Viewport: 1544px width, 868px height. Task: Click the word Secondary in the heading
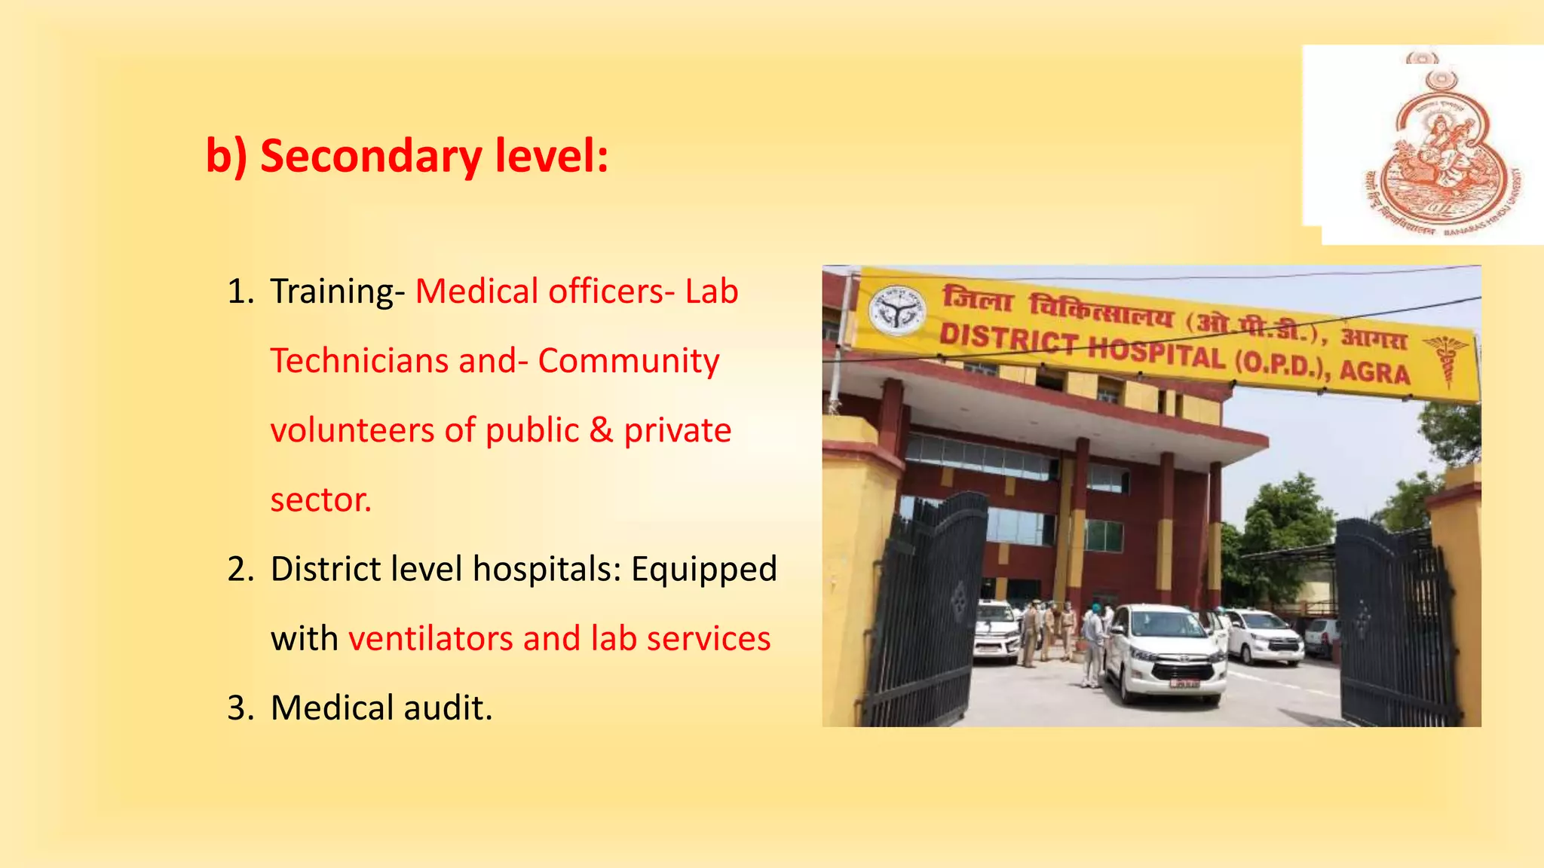click(x=370, y=156)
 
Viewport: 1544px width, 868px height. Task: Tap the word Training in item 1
click(x=331, y=292)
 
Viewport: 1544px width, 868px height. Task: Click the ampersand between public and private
click(x=601, y=430)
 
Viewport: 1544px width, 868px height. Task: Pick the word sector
click(x=320, y=500)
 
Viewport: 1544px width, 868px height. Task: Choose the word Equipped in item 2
click(x=703, y=569)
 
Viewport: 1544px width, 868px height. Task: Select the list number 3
click(x=240, y=708)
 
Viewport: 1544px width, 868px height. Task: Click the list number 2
click(x=240, y=569)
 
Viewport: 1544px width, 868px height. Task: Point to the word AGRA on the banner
click(x=1374, y=372)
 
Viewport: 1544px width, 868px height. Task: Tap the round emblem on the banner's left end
click(x=896, y=310)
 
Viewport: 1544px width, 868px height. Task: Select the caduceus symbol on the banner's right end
click(x=1446, y=360)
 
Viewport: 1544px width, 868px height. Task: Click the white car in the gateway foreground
click(x=1165, y=652)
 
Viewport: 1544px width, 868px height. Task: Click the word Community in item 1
click(x=629, y=361)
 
